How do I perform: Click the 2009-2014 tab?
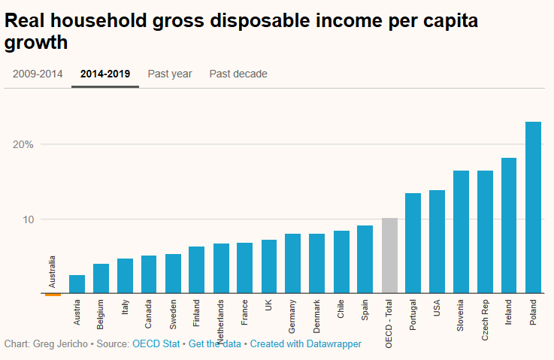coord(38,74)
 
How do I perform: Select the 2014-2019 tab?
coord(104,74)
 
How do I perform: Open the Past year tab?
coord(170,74)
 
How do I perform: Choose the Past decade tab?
coord(238,74)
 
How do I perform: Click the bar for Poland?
coord(533,207)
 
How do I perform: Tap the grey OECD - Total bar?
coord(389,256)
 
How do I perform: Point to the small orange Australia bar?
coord(53,295)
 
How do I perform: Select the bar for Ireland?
coord(509,225)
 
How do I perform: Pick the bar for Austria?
coord(77,284)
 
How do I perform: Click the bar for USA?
coord(437,241)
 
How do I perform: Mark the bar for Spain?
coord(365,259)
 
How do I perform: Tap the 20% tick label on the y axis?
coord(22,144)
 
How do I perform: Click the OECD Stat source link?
coord(156,343)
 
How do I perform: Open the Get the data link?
coord(215,343)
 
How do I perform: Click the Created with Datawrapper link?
coord(305,343)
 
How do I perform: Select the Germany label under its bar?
coord(293,316)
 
